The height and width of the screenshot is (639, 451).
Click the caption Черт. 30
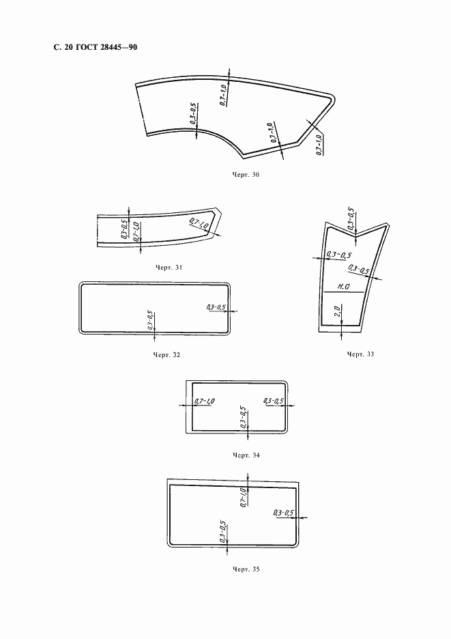(x=245, y=175)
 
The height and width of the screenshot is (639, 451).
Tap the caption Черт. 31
(x=169, y=268)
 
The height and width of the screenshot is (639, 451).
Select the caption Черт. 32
(x=166, y=355)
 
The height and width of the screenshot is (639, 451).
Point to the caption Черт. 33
(x=360, y=354)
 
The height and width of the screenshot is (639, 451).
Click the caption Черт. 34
(x=246, y=455)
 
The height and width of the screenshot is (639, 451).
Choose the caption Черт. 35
(x=246, y=569)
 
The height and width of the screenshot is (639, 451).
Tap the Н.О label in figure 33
(x=343, y=287)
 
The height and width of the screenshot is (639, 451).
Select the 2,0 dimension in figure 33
(x=337, y=311)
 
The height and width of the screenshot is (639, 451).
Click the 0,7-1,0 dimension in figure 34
(x=204, y=401)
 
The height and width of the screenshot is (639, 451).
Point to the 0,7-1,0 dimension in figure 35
(x=243, y=497)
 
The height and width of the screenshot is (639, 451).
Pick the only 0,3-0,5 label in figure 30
(x=194, y=113)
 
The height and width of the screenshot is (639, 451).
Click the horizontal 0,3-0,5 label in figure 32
(x=216, y=307)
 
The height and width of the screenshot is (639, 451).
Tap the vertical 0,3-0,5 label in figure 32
(x=150, y=320)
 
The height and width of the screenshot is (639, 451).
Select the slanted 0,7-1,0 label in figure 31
(x=199, y=224)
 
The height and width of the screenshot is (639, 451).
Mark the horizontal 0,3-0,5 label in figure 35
(x=284, y=513)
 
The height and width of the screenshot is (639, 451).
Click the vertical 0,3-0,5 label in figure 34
(x=244, y=417)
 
